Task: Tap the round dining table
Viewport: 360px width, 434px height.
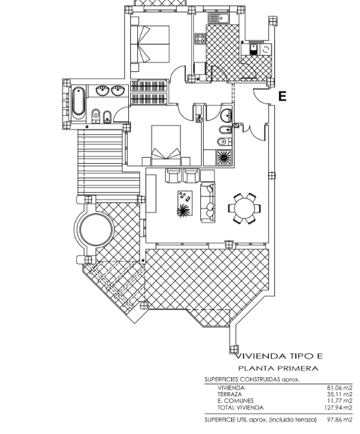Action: [244, 208]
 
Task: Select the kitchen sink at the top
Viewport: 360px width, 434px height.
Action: [219, 19]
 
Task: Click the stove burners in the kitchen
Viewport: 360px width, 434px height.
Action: [200, 39]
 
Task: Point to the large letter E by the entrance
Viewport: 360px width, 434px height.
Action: [283, 96]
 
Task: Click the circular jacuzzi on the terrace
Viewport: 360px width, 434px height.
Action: [97, 229]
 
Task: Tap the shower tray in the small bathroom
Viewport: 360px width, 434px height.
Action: [224, 158]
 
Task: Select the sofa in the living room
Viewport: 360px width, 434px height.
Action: [208, 202]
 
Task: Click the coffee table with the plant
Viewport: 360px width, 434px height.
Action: [184, 204]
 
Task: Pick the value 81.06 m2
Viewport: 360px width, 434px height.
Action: [339, 388]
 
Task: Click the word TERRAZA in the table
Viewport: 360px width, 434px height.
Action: [230, 394]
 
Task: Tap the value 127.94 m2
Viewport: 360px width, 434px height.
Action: [338, 407]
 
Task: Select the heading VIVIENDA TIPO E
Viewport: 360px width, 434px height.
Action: [279, 356]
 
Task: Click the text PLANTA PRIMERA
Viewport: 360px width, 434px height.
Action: [278, 368]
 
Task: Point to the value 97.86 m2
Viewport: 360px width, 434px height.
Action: [339, 420]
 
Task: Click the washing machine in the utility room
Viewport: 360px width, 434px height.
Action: [265, 49]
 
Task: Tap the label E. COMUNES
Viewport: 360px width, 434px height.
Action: [235, 401]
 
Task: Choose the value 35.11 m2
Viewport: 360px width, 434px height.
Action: [339, 394]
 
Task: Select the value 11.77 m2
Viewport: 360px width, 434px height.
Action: [340, 401]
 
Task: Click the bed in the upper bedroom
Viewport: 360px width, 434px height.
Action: [149, 44]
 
